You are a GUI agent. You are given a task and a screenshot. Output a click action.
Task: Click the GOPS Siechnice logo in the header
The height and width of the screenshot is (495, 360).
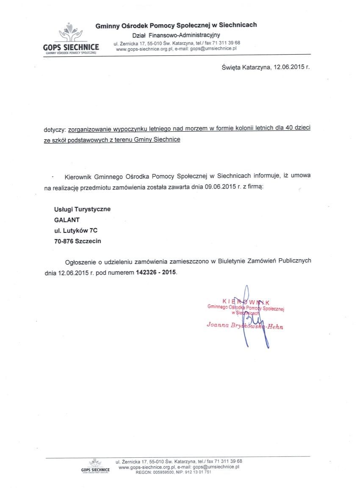[x=71, y=40]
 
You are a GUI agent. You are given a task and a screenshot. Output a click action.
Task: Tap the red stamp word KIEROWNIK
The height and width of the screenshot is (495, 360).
[x=246, y=301]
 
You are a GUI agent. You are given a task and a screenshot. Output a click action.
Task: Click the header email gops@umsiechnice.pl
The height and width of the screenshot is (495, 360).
[x=213, y=49]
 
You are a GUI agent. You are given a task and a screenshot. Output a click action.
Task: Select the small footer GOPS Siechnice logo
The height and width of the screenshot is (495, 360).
[x=95, y=467]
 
